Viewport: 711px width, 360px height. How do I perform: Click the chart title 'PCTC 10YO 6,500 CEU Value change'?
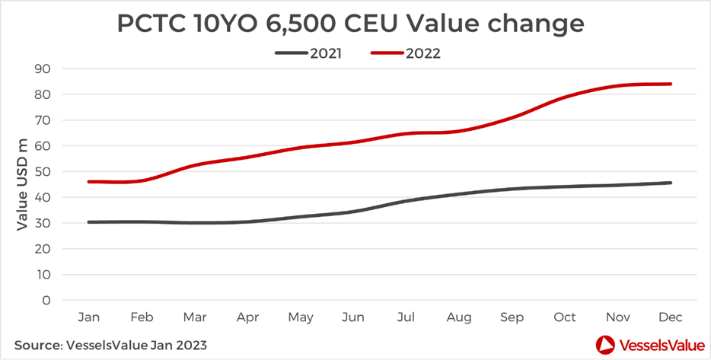(x=351, y=23)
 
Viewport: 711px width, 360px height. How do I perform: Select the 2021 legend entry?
(x=308, y=53)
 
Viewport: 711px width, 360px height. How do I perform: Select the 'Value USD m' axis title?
(x=23, y=185)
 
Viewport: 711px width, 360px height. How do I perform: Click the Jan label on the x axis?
(x=89, y=317)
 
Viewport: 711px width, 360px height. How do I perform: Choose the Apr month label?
(x=247, y=317)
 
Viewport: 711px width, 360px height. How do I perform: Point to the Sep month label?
(x=513, y=317)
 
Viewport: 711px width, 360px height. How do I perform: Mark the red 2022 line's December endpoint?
(x=671, y=84)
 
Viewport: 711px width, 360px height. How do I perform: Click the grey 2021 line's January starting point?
(x=89, y=222)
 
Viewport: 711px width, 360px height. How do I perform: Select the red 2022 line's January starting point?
(x=89, y=182)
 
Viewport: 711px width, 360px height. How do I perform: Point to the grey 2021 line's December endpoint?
(x=671, y=183)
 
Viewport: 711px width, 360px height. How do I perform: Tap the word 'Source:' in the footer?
(x=39, y=345)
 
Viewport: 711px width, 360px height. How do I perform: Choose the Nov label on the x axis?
(x=618, y=317)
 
